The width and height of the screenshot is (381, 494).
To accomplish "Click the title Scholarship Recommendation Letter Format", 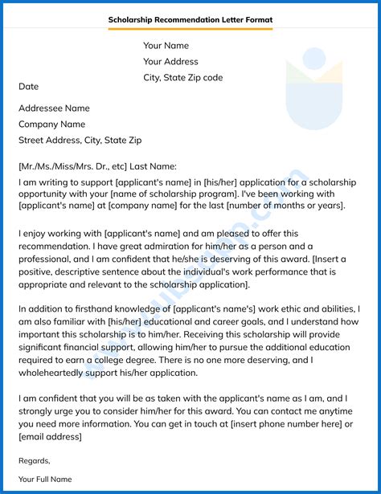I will tap(190, 19).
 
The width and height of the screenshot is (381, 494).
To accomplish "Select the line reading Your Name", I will tap(166, 46).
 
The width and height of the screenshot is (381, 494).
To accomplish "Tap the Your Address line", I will tap(170, 62).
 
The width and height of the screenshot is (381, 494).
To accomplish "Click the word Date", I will tap(28, 87).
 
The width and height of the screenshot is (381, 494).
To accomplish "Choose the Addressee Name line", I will tap(54, 108).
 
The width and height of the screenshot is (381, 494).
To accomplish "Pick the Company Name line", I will tap(51, 125).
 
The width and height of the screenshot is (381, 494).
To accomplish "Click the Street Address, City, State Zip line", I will tap(80, 141).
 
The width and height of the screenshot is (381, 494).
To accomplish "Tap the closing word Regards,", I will tap(34, 460).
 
